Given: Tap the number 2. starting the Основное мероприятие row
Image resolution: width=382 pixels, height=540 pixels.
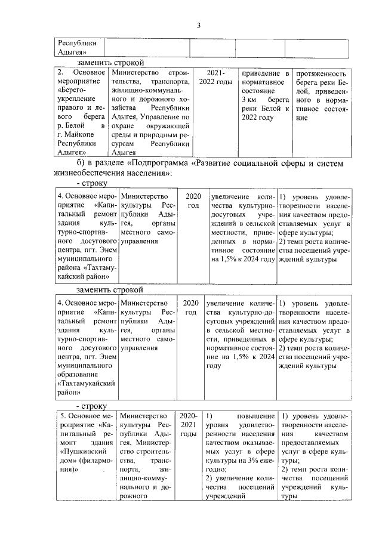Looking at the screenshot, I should (60, 72).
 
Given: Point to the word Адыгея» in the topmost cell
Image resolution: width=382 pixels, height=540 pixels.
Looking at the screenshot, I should (70, 52).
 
